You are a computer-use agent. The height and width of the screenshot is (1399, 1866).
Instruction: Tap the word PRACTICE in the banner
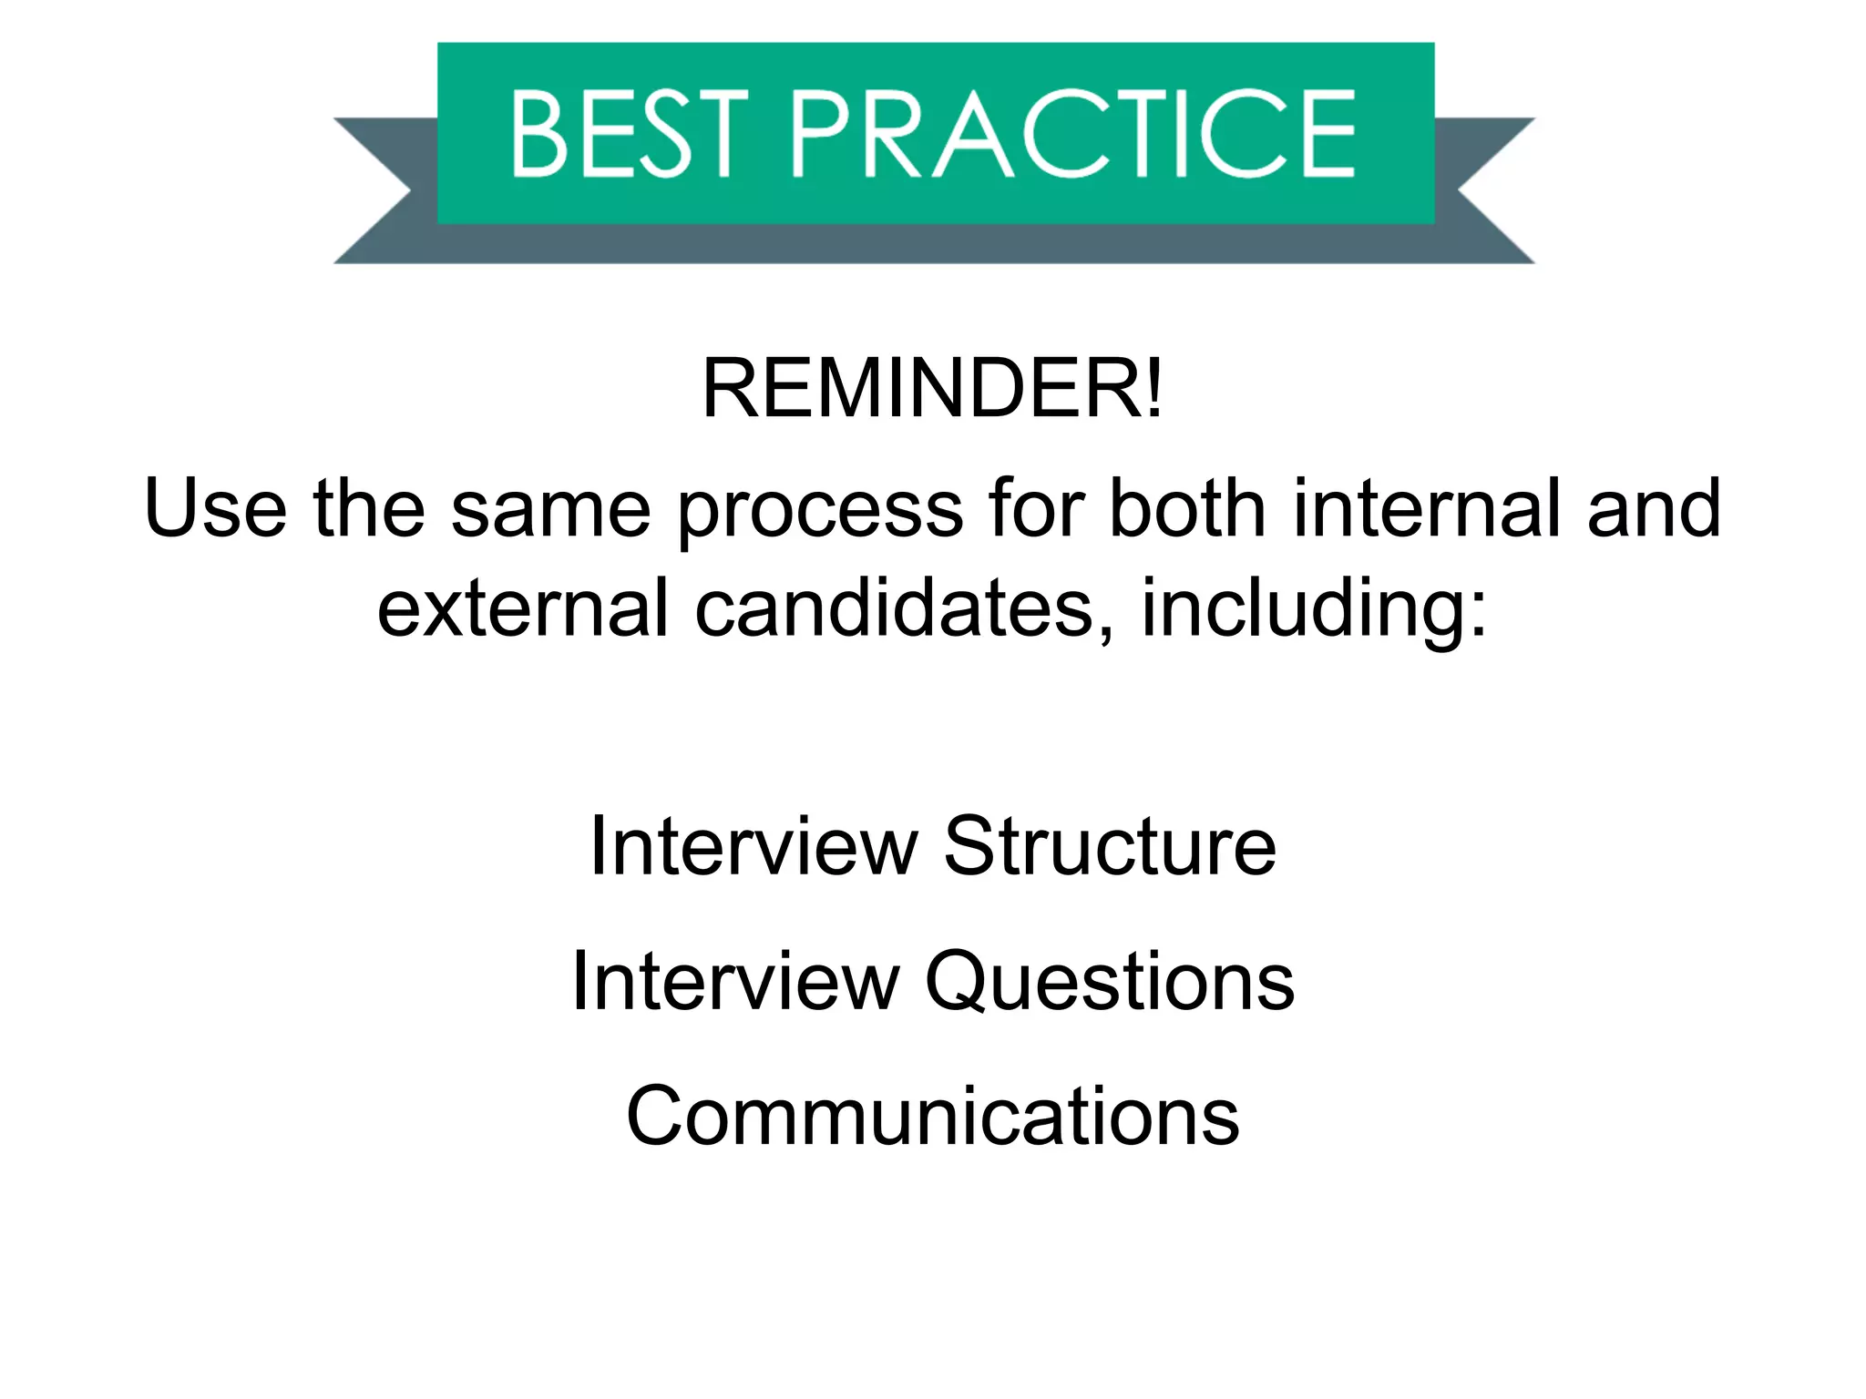point(1073,134)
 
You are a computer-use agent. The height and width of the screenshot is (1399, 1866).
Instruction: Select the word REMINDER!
point(932,389)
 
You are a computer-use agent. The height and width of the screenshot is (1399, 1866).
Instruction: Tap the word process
point(820,510)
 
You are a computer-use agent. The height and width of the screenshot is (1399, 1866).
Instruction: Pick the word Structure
point(1109,846)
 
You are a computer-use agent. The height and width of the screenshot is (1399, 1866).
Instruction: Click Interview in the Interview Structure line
point(754,846)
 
